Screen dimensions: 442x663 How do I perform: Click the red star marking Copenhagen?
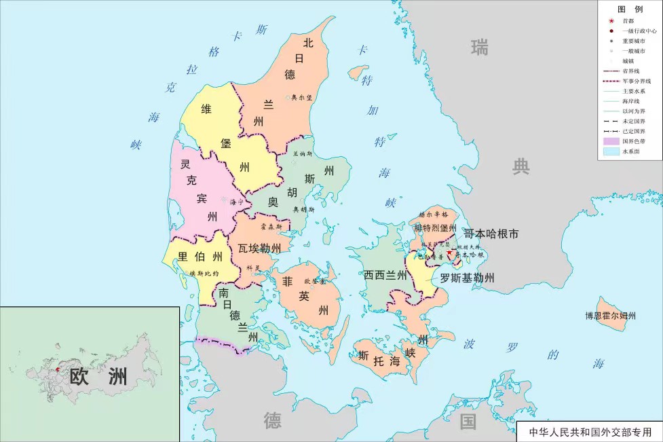pos(449,253)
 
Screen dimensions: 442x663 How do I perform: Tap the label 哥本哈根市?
pos(491,234)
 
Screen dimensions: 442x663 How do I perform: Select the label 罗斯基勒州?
pos(467,278)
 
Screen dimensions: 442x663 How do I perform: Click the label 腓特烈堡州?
pos(435,227)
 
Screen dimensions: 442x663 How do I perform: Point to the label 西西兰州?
pos(385,275)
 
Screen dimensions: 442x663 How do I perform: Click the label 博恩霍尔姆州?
pos(611,316)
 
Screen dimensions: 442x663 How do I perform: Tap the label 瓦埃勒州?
pos(259,248)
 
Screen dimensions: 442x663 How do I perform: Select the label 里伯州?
pos(200,257)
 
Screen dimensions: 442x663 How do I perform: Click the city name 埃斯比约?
pos(204,273)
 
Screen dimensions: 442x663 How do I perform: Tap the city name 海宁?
pos(236,202)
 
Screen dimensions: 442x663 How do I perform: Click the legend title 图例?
pos(629,9)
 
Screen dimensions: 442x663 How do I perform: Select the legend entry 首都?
pos(628,21)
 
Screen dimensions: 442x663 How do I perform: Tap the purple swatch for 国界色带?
pos(610,141)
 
